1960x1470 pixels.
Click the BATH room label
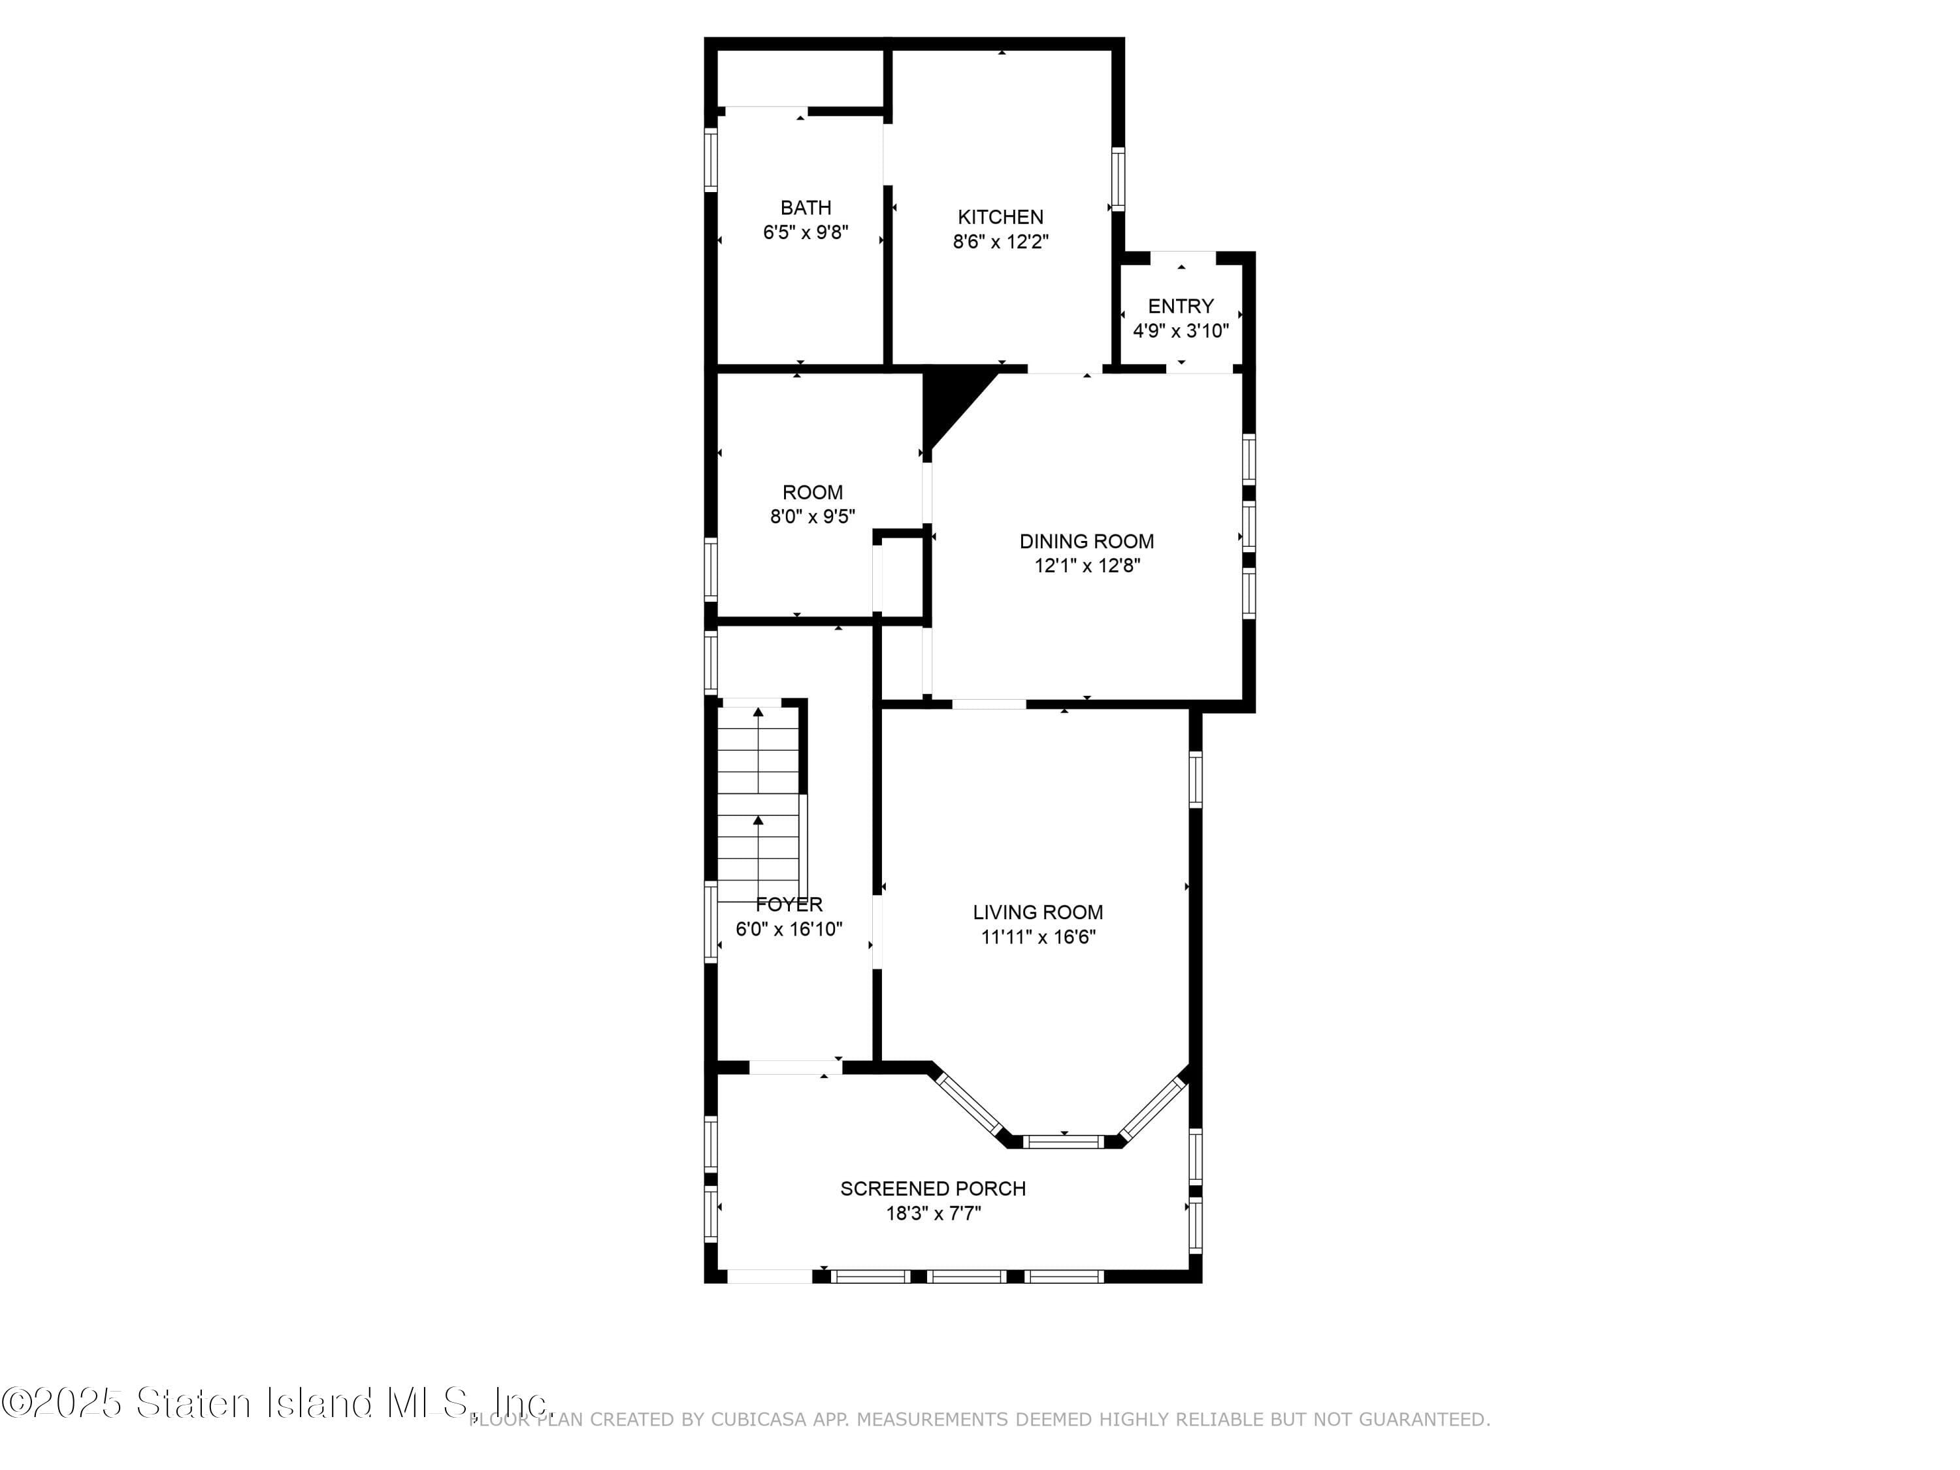[x=806, y=207]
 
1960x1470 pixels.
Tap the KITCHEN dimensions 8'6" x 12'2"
[x=1000, y=242]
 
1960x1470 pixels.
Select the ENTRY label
[x=1181, y=306]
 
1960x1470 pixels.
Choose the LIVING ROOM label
[x=1037, y=912]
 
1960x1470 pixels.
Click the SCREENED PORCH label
[x=933, y=1188]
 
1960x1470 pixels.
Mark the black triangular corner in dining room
[x=946, y=399]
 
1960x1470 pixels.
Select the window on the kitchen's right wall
[x=1119, y=179]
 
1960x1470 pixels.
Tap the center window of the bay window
[x=1063, y=1141]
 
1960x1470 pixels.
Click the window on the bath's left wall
[x=711, y=159]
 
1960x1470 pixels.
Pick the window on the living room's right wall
[x=1196, y=779]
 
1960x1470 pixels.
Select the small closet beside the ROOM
[x=901, y=576]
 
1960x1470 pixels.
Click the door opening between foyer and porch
[x=795, y=1068]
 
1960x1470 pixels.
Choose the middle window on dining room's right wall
[x=1249, y=527]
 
